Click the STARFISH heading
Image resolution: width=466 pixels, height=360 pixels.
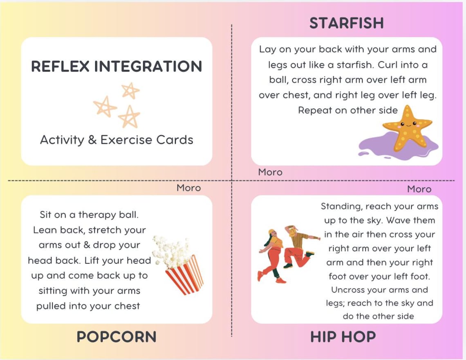coord(346,23)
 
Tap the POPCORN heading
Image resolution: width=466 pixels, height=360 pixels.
coord(116,337)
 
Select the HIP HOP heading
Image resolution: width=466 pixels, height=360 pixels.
coord(343,337)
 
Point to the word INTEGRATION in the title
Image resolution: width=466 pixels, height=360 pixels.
coord(148,67)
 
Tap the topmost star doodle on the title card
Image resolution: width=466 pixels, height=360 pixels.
coord(130,90)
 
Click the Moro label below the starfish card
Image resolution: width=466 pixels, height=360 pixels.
coord(270,172)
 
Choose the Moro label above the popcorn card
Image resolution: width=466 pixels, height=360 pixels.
coord(188,188)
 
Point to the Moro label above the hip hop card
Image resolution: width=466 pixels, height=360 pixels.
coord(419,189)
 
